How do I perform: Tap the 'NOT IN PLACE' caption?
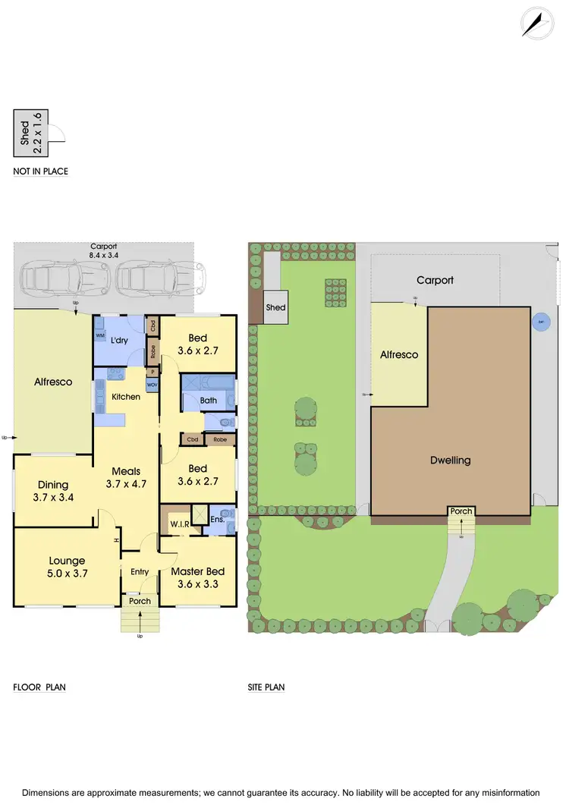(40, 171)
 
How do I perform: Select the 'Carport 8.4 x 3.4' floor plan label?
(104, 251)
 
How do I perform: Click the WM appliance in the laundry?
(99, 335)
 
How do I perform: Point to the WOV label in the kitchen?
(152, 385)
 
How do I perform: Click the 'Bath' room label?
(209, 400)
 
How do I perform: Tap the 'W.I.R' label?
(179, 524)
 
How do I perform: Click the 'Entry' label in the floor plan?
(140, 571)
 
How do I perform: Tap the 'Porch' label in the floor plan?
(140, 601)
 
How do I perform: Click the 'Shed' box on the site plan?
(275, 307)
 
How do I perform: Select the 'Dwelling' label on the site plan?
(450, 460)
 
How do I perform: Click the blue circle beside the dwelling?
(542, 322)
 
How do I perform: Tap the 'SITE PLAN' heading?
(266, 688)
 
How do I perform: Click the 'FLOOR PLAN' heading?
(39, 688)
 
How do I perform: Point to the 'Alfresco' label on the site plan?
(399, 354)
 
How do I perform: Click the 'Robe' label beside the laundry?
(152, 351)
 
